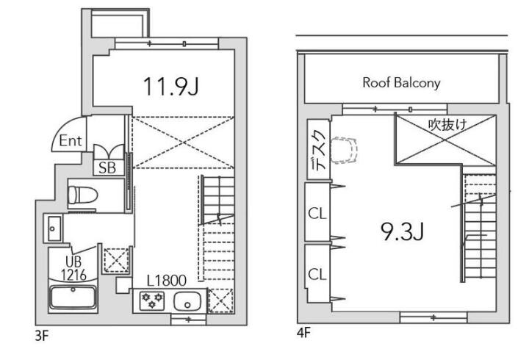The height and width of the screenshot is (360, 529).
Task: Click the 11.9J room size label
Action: pyautogui.click(x=171, y=87)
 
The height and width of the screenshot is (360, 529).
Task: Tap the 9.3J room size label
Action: pyautogui.click(x=402, y=231)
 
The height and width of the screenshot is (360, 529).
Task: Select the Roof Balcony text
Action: pyautogui.click(x=401, y=83)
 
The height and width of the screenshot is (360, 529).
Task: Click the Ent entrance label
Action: pyautogui.click(x=71, y=140)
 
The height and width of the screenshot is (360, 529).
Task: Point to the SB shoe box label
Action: pyautogui.click(x=107, y=168)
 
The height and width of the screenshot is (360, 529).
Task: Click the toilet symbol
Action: pyautogui.click(x=82, y=195)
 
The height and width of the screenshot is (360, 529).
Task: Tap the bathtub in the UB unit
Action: pyautogui.click(x=73, y=297)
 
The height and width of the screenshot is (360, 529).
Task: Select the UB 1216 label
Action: pyautogui.click(x=73, y=269)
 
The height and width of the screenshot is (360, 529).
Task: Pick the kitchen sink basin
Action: pyautogui.click(x=187, y=301)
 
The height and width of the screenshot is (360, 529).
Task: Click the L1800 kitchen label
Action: pyautogui.click(x=167, y=281)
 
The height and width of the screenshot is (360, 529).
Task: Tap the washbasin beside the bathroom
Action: pyautogui.click(x=53, y=228)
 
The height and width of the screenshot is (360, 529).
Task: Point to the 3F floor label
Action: pyautogui.click(x=42, y=336)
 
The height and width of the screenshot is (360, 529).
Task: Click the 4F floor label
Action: pyautogui.click(x=303, y=333)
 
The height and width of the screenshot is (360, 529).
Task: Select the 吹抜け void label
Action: pyautogui.click(x=447, y=125)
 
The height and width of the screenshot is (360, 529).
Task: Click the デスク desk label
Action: pyautogui.click(x=318, y=149)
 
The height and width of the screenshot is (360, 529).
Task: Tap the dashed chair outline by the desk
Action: pyautogui.click(x=345, y=150)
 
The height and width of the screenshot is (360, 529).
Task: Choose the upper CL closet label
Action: pyautogui.click(x=317, y=213)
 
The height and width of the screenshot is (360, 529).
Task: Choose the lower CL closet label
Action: pyautogui.click(x=317, y=274)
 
